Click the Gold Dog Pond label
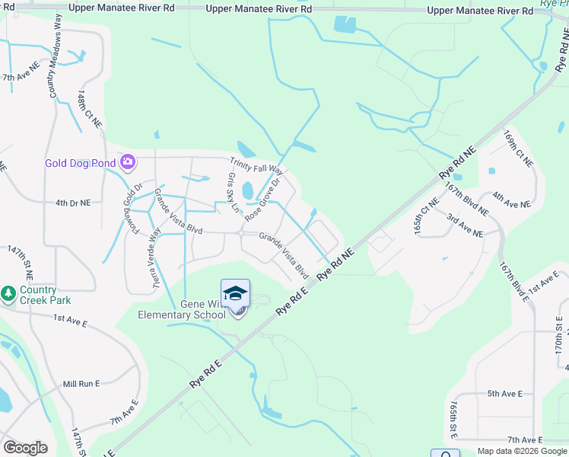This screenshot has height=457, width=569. coord(80,162)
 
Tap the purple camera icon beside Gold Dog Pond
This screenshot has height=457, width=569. coord(128,161)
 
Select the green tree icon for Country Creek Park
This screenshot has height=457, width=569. coord(8,293)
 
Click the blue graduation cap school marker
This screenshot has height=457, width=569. coord(235,294)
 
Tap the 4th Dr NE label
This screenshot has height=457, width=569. coord(73,203)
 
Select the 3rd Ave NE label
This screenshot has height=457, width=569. coord(465,227)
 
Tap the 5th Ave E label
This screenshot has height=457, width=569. coord(505,394)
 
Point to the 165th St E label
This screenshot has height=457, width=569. coord(453,417)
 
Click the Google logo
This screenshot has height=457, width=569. coord(25,448)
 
